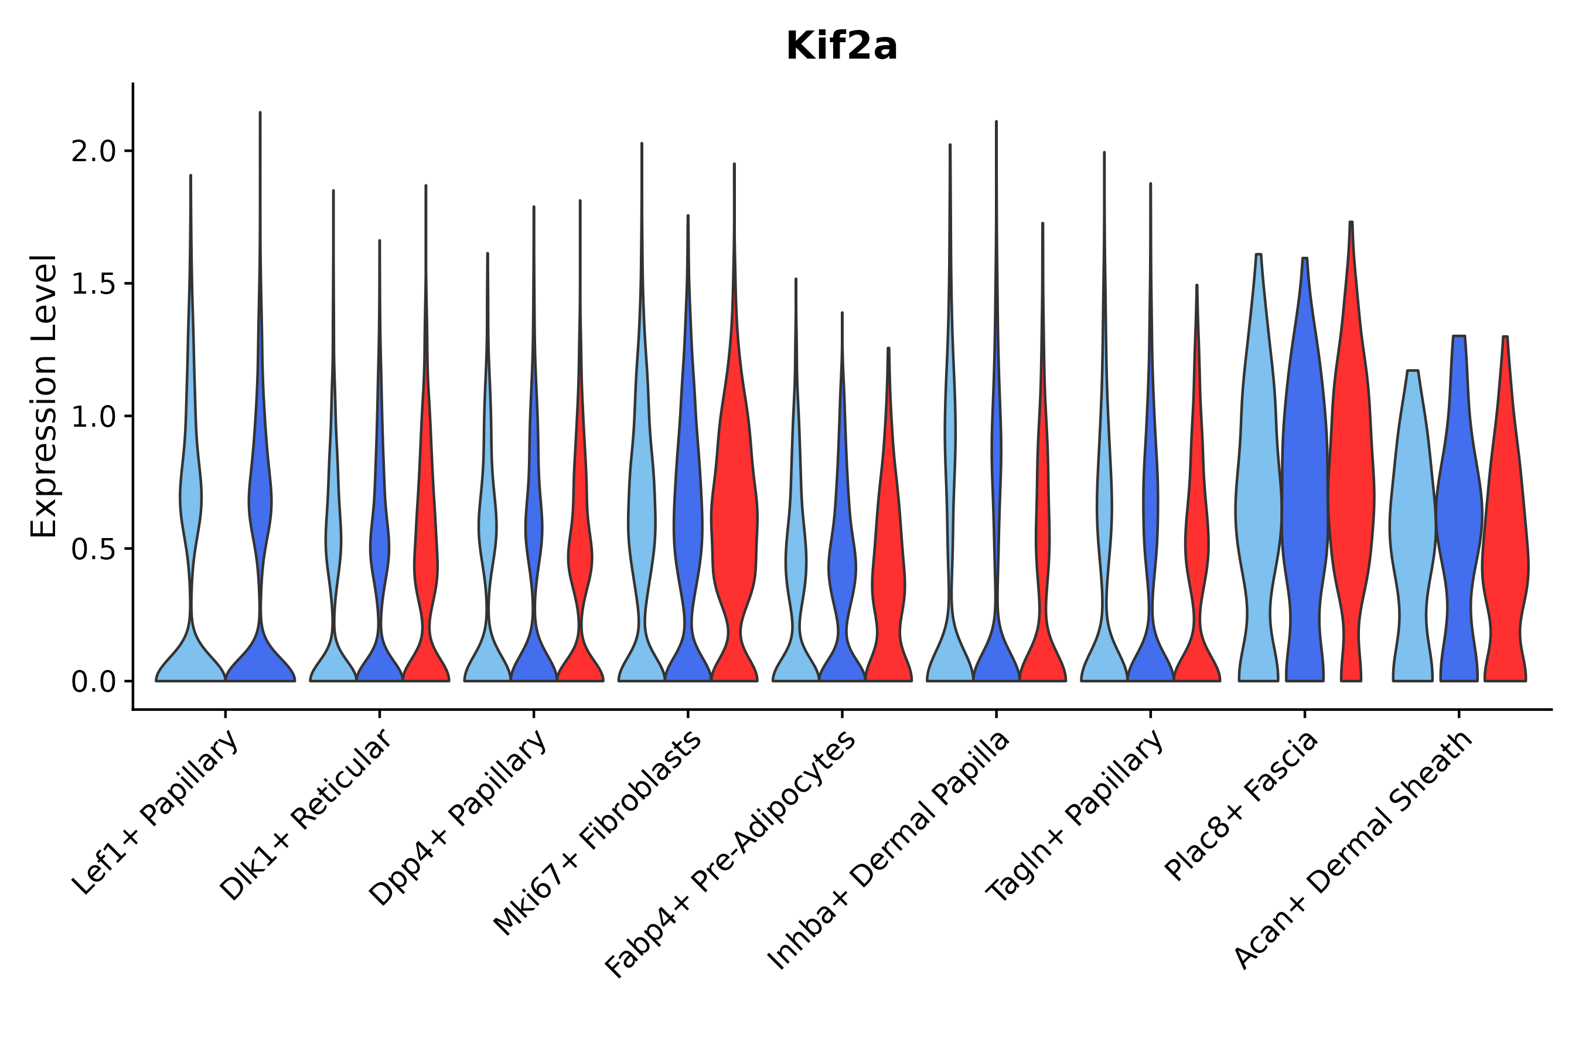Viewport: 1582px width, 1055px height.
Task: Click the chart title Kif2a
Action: click(841, 47)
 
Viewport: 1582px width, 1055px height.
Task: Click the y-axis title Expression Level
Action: click(44, 396)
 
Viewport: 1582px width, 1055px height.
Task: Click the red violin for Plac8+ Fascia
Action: click(1351, 505)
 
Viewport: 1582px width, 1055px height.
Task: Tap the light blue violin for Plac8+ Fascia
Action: click(1258, 505)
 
